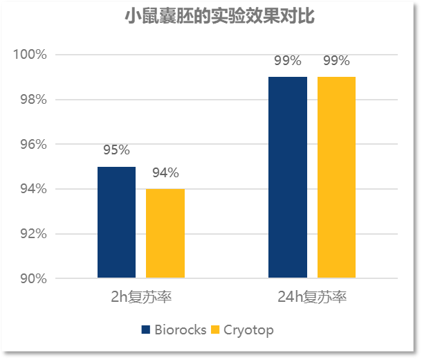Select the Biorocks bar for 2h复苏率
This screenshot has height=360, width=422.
pos(116,222)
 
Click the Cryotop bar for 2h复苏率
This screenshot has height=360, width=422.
pos(165,233)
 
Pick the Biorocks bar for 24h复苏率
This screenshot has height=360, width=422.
pos(287,177)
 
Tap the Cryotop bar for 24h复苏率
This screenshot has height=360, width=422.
pos(336,177)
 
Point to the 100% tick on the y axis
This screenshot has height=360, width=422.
pos(30,55)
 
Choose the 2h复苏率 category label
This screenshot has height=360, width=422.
pos(141,298)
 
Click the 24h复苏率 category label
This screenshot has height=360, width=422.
pos(311,298)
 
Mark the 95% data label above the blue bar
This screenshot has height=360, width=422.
pos(116,150)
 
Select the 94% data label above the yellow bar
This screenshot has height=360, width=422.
pos(165,173)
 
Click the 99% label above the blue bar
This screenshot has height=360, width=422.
pos(287,61)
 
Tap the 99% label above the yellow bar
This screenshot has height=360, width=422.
pos(336,61)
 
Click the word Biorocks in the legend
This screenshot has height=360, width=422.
pos(181,330)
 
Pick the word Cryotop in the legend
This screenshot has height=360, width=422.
pos(248,330)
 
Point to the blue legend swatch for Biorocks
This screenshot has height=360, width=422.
pos(146,330)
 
